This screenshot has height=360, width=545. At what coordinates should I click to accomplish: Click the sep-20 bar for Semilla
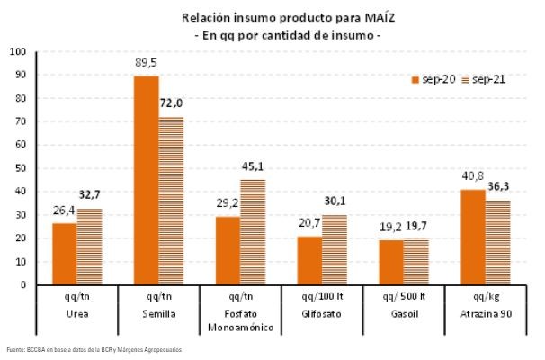147,180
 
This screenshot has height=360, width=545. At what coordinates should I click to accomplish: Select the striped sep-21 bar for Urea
89,247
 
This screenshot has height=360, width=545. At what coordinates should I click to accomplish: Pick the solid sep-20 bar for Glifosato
310,260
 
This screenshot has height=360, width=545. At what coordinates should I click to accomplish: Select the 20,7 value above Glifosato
308,223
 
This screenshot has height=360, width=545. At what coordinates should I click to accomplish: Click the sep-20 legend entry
433,79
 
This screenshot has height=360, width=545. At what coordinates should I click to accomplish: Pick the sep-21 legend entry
483,79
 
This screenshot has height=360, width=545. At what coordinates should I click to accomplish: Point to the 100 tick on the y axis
18,51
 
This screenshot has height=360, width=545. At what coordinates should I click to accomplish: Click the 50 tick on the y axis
20,168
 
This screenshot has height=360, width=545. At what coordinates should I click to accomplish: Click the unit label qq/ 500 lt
405,298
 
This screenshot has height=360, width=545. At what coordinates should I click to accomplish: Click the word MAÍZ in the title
340,16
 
